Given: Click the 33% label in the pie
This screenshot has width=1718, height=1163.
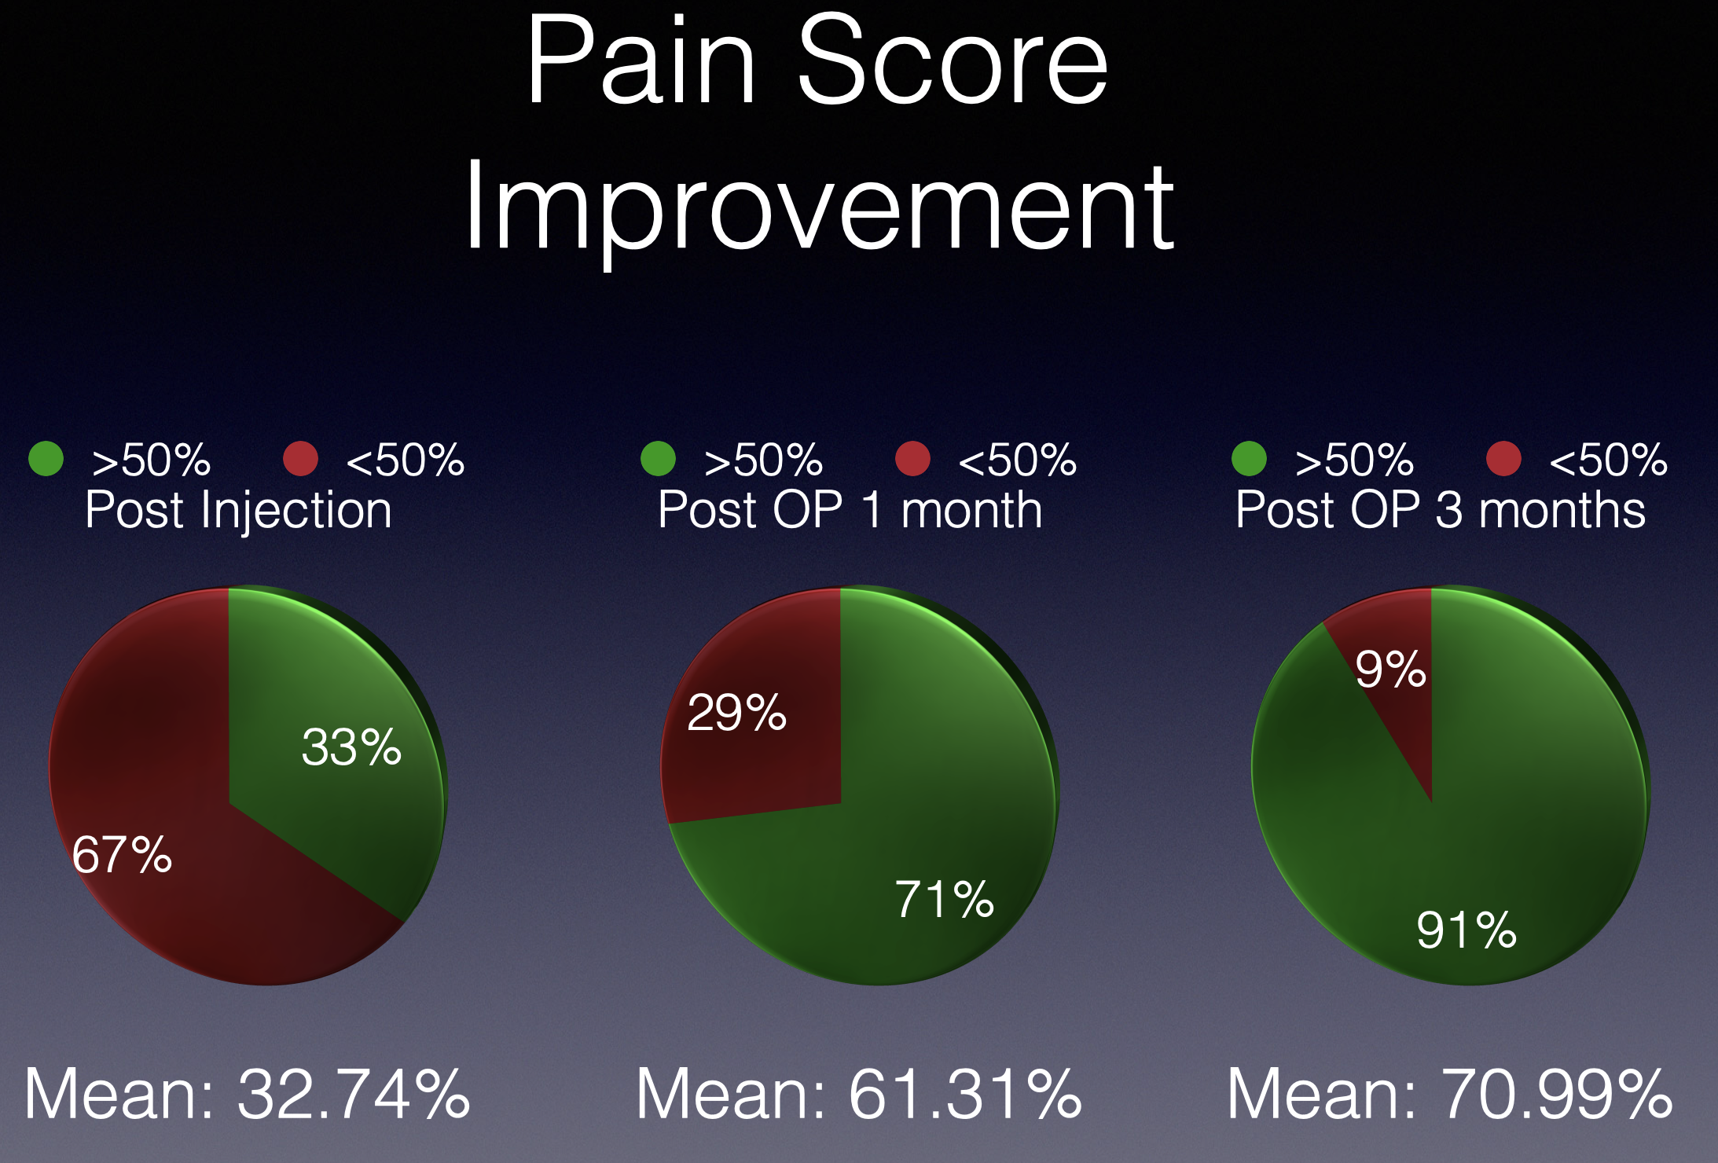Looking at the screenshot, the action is [x=351, y=747].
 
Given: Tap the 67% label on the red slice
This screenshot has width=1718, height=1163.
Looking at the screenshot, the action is [x=122, y=854].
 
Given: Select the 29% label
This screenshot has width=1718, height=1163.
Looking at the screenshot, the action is [x=736, y=713].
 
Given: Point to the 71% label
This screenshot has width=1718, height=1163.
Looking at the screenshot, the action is [x=945, y=899].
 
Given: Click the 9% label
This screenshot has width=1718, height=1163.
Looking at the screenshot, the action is [x=1390, y=670].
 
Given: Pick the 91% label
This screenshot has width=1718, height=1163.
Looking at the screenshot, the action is [x=1467, y=930].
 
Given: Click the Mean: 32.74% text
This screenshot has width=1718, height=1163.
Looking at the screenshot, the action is [x=247, y=1094].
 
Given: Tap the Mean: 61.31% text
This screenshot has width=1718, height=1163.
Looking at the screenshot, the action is [x=858, y=1094].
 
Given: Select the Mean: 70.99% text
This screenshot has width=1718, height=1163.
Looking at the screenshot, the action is [x=1450, y=1094].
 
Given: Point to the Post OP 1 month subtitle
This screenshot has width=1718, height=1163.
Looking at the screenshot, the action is [x=850, y=510].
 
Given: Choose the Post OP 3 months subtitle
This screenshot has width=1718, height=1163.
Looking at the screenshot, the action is [x=1441, y=510].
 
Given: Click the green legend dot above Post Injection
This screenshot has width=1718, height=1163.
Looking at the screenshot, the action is [x=46, y=459].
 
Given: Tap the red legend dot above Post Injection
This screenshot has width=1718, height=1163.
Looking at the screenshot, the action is [x=300, y=459].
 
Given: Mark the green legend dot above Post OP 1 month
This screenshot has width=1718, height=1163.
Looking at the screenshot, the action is [x=658, y=459].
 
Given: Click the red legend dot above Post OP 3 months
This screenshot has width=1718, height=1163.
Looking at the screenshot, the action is [x=1503, y=459].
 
